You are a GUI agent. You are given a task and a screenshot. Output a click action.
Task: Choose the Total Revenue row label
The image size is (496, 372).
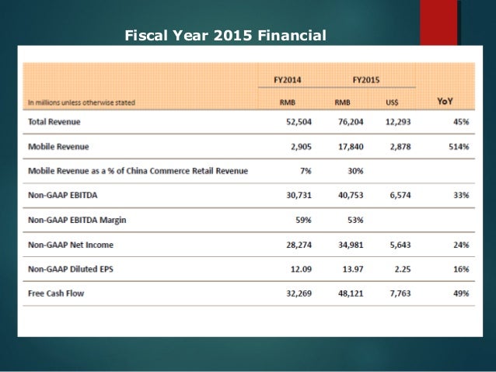pyautogui.click(x=54, y=123)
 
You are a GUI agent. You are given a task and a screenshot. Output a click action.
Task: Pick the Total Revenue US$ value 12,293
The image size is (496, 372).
pyautogui.click(x=397, y=123)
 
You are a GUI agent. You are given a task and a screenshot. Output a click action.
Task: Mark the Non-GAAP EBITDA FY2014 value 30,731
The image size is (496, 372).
pyautogui.click(x=296, y=196)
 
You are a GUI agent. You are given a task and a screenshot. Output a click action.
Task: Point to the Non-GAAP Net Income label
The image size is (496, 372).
pyautogui.click(x=70, y=245)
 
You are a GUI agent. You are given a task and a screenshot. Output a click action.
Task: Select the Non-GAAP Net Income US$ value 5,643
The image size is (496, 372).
pyautogui.click(x=401, y=245)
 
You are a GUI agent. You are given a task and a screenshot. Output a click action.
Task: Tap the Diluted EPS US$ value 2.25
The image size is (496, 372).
pyautogui.click(x=404, y=269)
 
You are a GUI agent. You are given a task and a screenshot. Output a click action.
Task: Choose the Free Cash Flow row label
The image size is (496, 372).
pyautogui.click(x=56, y=294)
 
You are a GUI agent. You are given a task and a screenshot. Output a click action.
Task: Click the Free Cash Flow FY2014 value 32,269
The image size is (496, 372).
pyautogui.click(x=296, y=294)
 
